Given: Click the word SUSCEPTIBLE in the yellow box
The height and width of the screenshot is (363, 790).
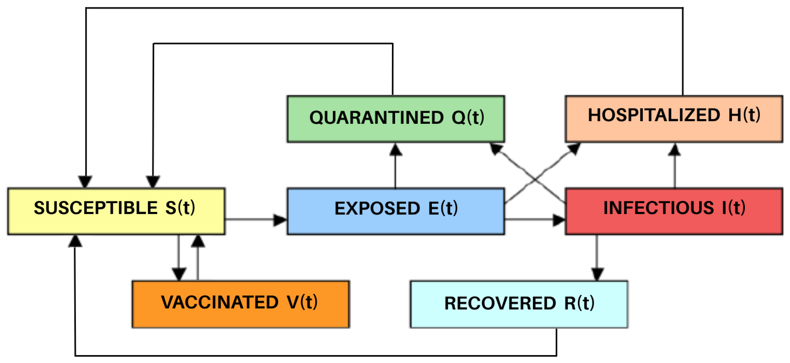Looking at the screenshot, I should coord(96,208).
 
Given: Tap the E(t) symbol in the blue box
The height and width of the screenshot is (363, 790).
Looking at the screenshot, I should coord(443,208).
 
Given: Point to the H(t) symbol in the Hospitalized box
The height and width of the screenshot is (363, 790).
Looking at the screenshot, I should coord(744,115).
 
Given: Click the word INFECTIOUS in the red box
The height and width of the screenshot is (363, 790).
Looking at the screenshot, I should coord(658,208).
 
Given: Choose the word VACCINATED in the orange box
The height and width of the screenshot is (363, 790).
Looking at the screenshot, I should coord(220,302).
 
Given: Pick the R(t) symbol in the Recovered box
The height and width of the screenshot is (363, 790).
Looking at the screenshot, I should coord(579,303).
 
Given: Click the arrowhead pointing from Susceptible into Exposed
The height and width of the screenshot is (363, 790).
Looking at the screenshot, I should coord(279,220).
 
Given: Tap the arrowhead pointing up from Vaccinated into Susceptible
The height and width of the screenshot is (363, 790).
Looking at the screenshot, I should coord(198,241).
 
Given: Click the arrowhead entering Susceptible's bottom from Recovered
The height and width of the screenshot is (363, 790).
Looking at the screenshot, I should coord(75,241).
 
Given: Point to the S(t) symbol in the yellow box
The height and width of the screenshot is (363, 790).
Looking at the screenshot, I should coord(180,208).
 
